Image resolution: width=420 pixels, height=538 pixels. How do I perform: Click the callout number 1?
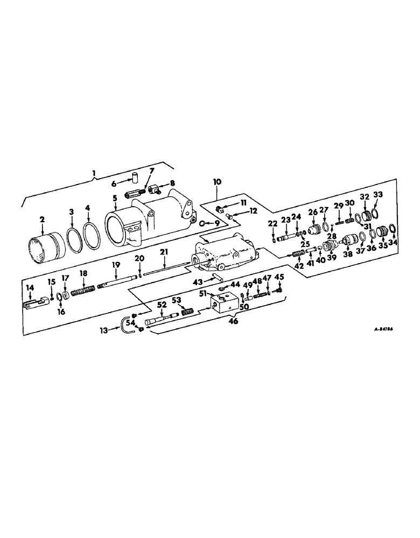click(95, 173)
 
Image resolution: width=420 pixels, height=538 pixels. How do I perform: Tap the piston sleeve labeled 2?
click(45, 251)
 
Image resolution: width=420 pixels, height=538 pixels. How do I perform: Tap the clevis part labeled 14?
click(30, 305)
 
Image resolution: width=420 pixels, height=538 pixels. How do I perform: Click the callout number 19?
click(115, 264)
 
